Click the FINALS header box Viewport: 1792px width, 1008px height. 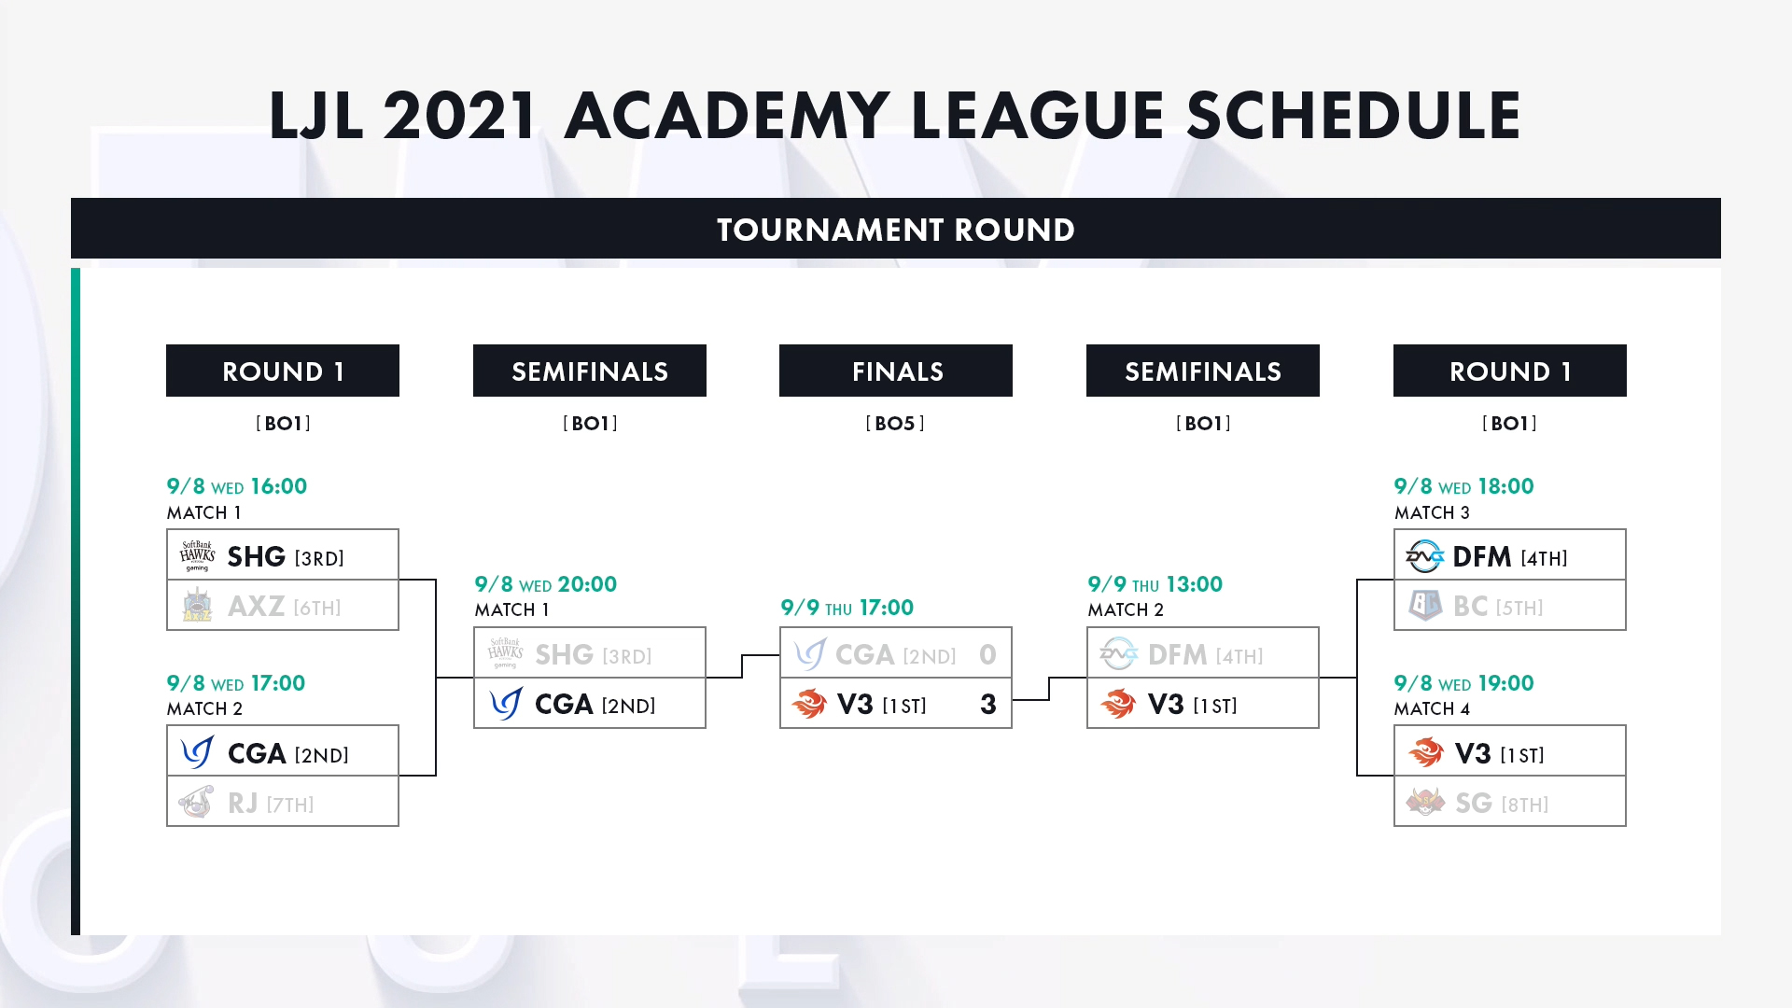896,371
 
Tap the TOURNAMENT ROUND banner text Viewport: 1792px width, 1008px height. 896,230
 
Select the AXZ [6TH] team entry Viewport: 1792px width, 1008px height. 283,606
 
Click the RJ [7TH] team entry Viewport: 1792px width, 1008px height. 283,802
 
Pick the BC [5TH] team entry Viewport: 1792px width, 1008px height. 1510,606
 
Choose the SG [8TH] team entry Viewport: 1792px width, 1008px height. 1510,802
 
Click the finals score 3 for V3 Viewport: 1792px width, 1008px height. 988,705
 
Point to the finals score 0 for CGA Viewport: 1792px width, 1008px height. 988,655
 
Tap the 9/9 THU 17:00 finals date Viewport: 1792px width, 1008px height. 847,608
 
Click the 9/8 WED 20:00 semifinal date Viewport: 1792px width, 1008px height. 546,584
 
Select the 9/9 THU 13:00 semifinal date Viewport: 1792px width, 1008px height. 1155,584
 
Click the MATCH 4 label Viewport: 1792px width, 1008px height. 1432,709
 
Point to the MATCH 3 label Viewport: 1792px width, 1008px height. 1432,512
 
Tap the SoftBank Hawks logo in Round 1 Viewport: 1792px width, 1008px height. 197,556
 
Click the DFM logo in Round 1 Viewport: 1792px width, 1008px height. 1425,556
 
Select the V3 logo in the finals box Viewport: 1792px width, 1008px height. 809,704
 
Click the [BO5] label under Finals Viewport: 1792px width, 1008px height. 895,424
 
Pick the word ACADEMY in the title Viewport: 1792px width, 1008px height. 727,116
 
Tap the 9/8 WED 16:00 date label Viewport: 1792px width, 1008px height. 237,486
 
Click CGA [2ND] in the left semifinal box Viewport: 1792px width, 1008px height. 595,705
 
